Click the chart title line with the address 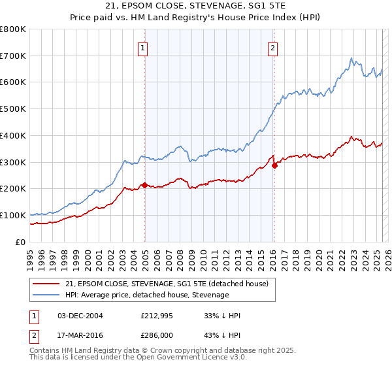pos(196,8)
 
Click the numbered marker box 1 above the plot pos(142,47)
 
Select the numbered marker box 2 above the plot pos(272,47)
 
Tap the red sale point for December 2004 pos(144,185)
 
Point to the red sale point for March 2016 pos(274,165)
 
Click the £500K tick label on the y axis pos(13,108)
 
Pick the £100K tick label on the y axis pos(13,215)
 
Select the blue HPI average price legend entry pos(147,295)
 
